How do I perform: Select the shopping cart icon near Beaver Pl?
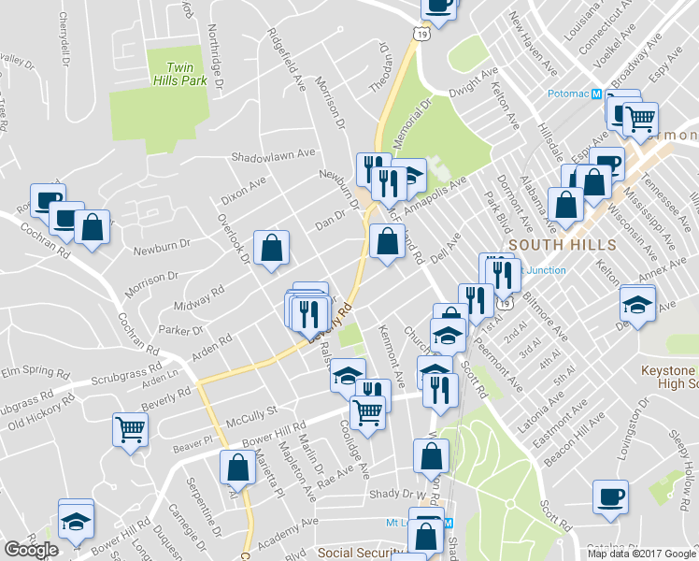pos(130,429)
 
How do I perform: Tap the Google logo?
pos(31,550)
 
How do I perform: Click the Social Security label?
pos(363,553)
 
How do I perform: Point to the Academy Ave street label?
pos(288,529)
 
